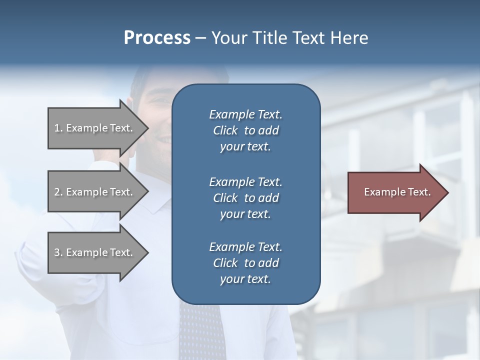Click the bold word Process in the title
(x=157, y=38)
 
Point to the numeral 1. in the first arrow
(x=58, y=128)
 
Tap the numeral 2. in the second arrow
(x=58, y=192)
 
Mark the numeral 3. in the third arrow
(x=58, y=252)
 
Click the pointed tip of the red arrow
(x=446, y=192)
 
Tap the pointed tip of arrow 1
(x=146, y=128)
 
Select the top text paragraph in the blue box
(x=245, y=130)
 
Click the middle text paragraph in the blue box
(x=245, y=197)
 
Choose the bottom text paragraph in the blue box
(x=245, y=263)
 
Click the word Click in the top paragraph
(x=225, y=131)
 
